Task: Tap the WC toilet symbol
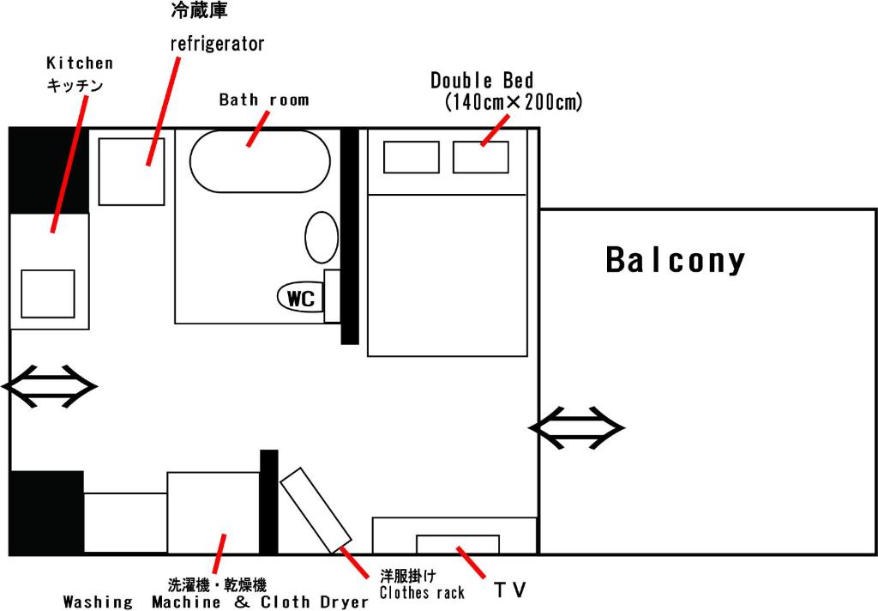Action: click(301, 297)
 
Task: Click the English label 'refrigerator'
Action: click(217, 44)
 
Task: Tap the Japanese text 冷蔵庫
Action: click(199, 10)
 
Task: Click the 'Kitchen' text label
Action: click(80, 63)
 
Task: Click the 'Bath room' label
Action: click(264, 100)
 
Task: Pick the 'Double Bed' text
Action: click(482, 80)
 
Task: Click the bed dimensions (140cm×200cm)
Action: click(514, 102)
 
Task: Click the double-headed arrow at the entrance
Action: click(49, 386)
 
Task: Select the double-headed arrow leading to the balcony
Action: click(577, 428)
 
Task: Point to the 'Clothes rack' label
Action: click(422, 592)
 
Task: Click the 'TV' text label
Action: click(510, 590)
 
